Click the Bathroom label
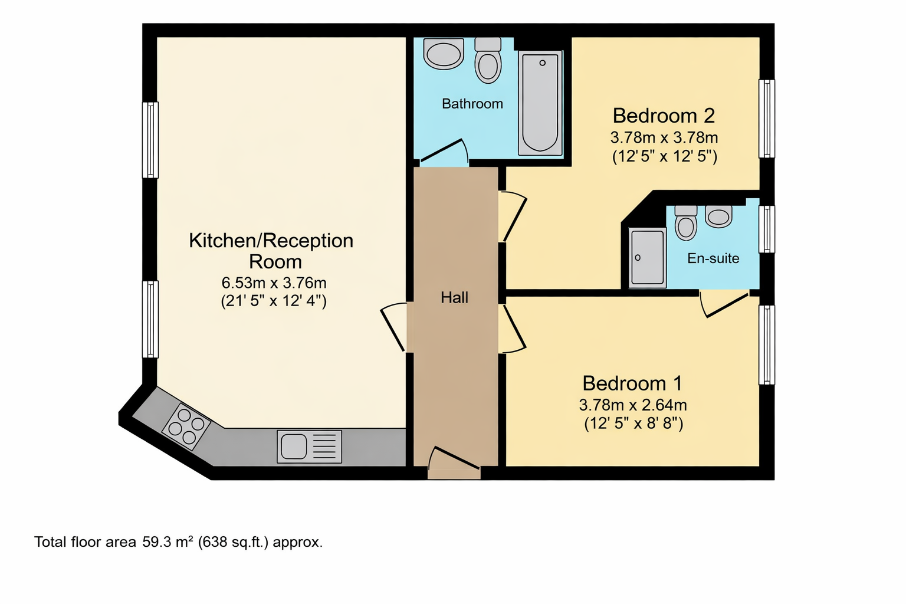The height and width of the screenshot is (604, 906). [472, 104]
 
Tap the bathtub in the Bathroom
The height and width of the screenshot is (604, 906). [540, 103]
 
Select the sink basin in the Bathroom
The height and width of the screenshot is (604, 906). [444, 54]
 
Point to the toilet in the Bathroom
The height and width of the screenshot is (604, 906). [488, 61]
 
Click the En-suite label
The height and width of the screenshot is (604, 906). [713, 258]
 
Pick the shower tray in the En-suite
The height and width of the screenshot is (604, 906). [647, 258]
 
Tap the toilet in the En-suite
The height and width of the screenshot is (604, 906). [686, 223]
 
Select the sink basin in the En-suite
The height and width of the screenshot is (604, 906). [719, 216]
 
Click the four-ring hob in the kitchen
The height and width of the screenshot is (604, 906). [186, 427]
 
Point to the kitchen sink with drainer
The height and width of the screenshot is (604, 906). [310, 447]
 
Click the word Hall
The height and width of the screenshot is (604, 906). [454, 298]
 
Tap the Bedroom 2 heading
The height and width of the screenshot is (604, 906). [664, 116]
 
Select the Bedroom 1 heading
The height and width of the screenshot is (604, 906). [632, 383]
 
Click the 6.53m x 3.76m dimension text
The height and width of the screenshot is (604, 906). [274, 283]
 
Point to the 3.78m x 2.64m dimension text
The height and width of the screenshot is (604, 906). [633, 405]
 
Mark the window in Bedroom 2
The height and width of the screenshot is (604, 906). [766, 119]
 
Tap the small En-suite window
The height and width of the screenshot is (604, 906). [766, 229]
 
